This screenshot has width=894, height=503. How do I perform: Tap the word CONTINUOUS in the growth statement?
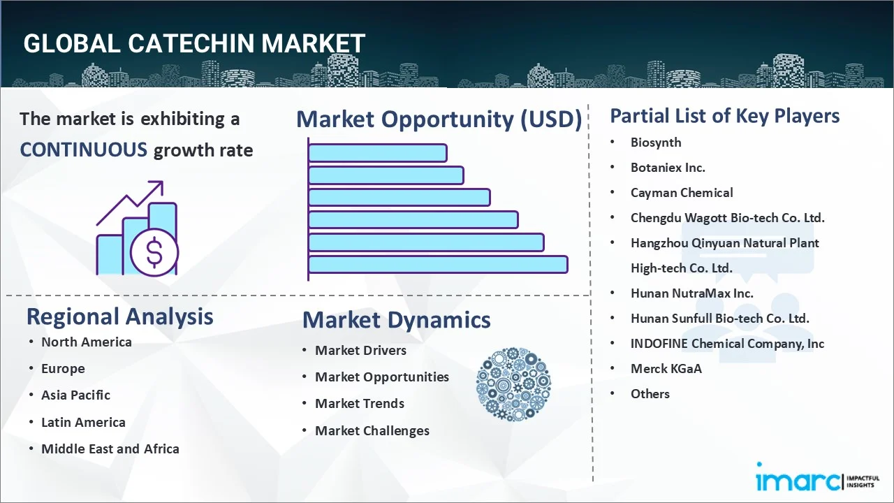(84, 150)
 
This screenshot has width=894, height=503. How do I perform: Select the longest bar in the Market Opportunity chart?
(438, 264)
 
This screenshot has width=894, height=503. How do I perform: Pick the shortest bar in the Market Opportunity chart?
(377, 152)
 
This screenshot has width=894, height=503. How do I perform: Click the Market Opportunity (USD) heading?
(439, 119)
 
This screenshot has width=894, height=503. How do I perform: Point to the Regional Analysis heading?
(119, 316)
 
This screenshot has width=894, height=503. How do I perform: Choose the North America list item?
(86, 342)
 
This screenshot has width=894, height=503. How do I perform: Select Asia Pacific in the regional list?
(75, 395)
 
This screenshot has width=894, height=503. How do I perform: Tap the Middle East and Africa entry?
(110, 449)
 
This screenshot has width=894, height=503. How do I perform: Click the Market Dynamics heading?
(396, 320)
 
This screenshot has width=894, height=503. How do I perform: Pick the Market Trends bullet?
(359, 403)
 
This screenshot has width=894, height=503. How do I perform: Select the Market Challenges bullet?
(372, 430)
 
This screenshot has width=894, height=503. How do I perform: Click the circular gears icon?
(513, 385)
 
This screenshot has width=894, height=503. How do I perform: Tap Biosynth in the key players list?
(655, 143)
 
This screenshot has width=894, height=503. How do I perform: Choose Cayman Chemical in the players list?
(681, 193)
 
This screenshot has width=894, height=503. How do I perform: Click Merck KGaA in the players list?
(666, 368)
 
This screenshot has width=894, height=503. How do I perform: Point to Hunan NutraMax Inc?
(691, 293)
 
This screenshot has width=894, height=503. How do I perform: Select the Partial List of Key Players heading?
(724, 116)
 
